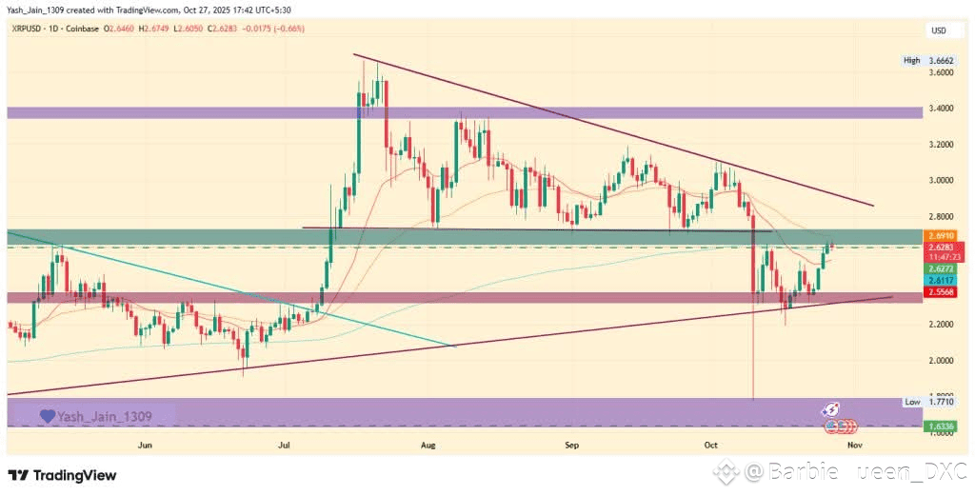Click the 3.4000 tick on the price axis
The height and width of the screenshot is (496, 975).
click(941, 109)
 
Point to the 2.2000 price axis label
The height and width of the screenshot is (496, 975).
click(941, 325)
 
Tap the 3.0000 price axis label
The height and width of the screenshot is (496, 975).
click(941, 180)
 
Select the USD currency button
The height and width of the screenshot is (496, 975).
click(939, 30)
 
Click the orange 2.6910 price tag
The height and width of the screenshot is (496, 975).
click(940, 234)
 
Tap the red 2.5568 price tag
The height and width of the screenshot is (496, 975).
click(940, 294)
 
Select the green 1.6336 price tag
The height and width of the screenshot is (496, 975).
click(940, 425)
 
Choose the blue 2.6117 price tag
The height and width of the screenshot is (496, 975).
click(940, 282)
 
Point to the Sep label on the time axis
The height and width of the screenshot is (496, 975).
click(571, 445)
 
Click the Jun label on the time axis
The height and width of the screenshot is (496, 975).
click(145, 445)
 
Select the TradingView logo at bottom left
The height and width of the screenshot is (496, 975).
click(62, 475)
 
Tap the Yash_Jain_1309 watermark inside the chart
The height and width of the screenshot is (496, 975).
click(105, 416)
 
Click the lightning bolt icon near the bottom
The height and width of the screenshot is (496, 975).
click(832, 408)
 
